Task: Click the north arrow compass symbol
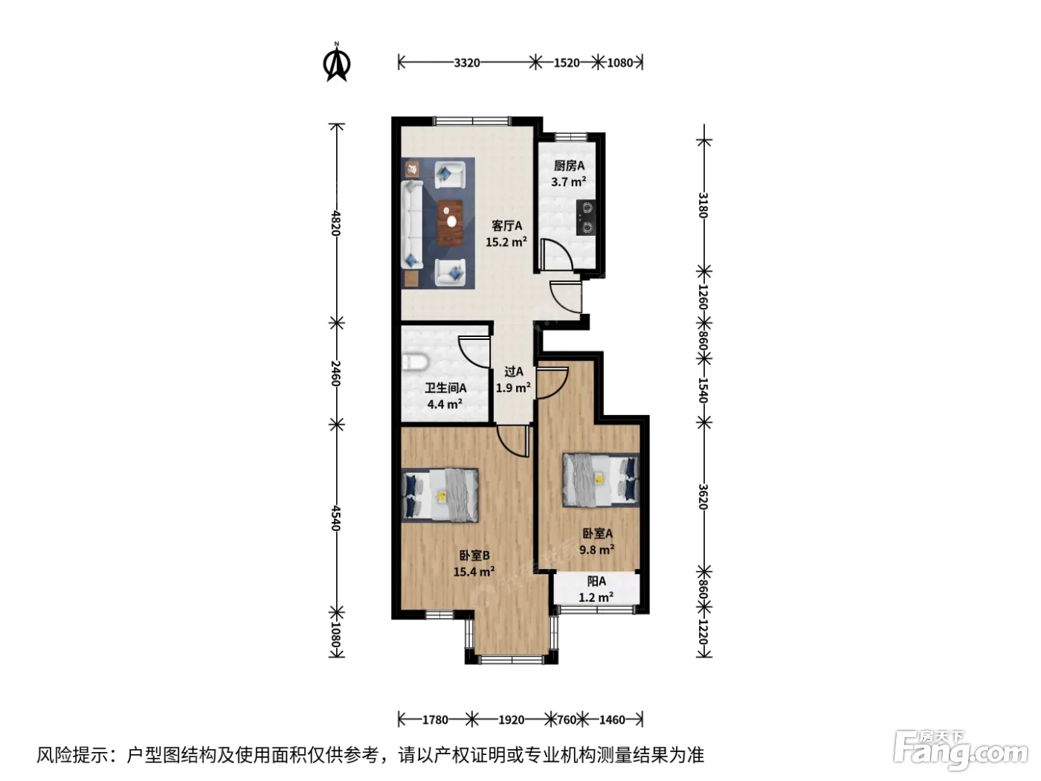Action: [x=337, y=62]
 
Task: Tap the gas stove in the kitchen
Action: [x=586, y=218]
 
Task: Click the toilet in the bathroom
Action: [x=415, y=362]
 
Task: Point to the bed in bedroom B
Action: [x=439, y=495]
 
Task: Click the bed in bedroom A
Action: [x=601, y=480]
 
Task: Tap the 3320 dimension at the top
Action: [x=467, y=62]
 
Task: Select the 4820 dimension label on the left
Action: [x=336, y=223]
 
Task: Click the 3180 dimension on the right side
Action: [x=703, y=205]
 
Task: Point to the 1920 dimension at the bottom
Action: [x=511, y=720]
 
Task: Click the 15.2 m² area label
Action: [x=506, y=242]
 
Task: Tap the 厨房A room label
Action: [x=569, y=166]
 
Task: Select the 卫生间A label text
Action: [x=445, y=388]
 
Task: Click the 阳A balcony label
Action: [x=596, y=581]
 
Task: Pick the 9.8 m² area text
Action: [x=597, y=550]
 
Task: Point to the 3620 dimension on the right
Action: [x=703, y=496]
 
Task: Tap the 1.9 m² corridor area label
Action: [x=513, y=388]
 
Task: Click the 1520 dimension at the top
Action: [x=567, y=62]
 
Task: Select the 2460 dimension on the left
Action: [x=336, y=373]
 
